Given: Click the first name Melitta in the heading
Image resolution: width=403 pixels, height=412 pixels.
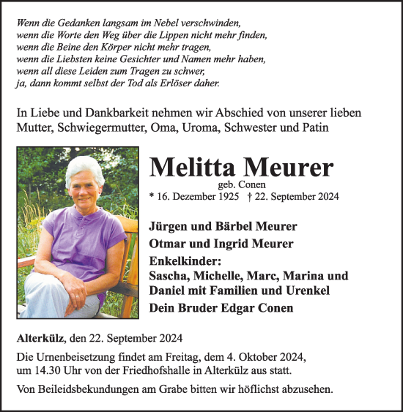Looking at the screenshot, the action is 193,168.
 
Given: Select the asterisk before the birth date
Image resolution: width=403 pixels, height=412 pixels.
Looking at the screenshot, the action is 152,198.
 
